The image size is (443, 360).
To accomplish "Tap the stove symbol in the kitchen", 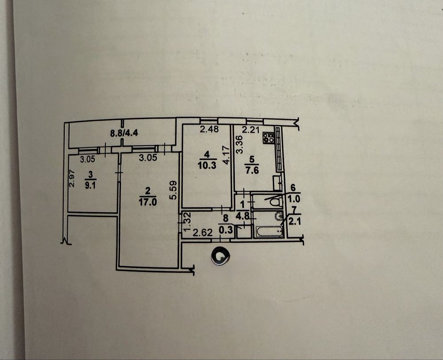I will coord(268,138).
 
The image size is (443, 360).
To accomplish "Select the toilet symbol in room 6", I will coord(275,202).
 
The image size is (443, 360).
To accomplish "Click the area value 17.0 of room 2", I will coord(148,200).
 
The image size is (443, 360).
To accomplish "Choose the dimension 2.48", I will coord(208,130).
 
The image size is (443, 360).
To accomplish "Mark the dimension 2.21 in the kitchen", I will coord(250,130).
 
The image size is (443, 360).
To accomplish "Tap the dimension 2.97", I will coord(72,179).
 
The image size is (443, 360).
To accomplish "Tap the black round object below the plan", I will coord(220,256).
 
